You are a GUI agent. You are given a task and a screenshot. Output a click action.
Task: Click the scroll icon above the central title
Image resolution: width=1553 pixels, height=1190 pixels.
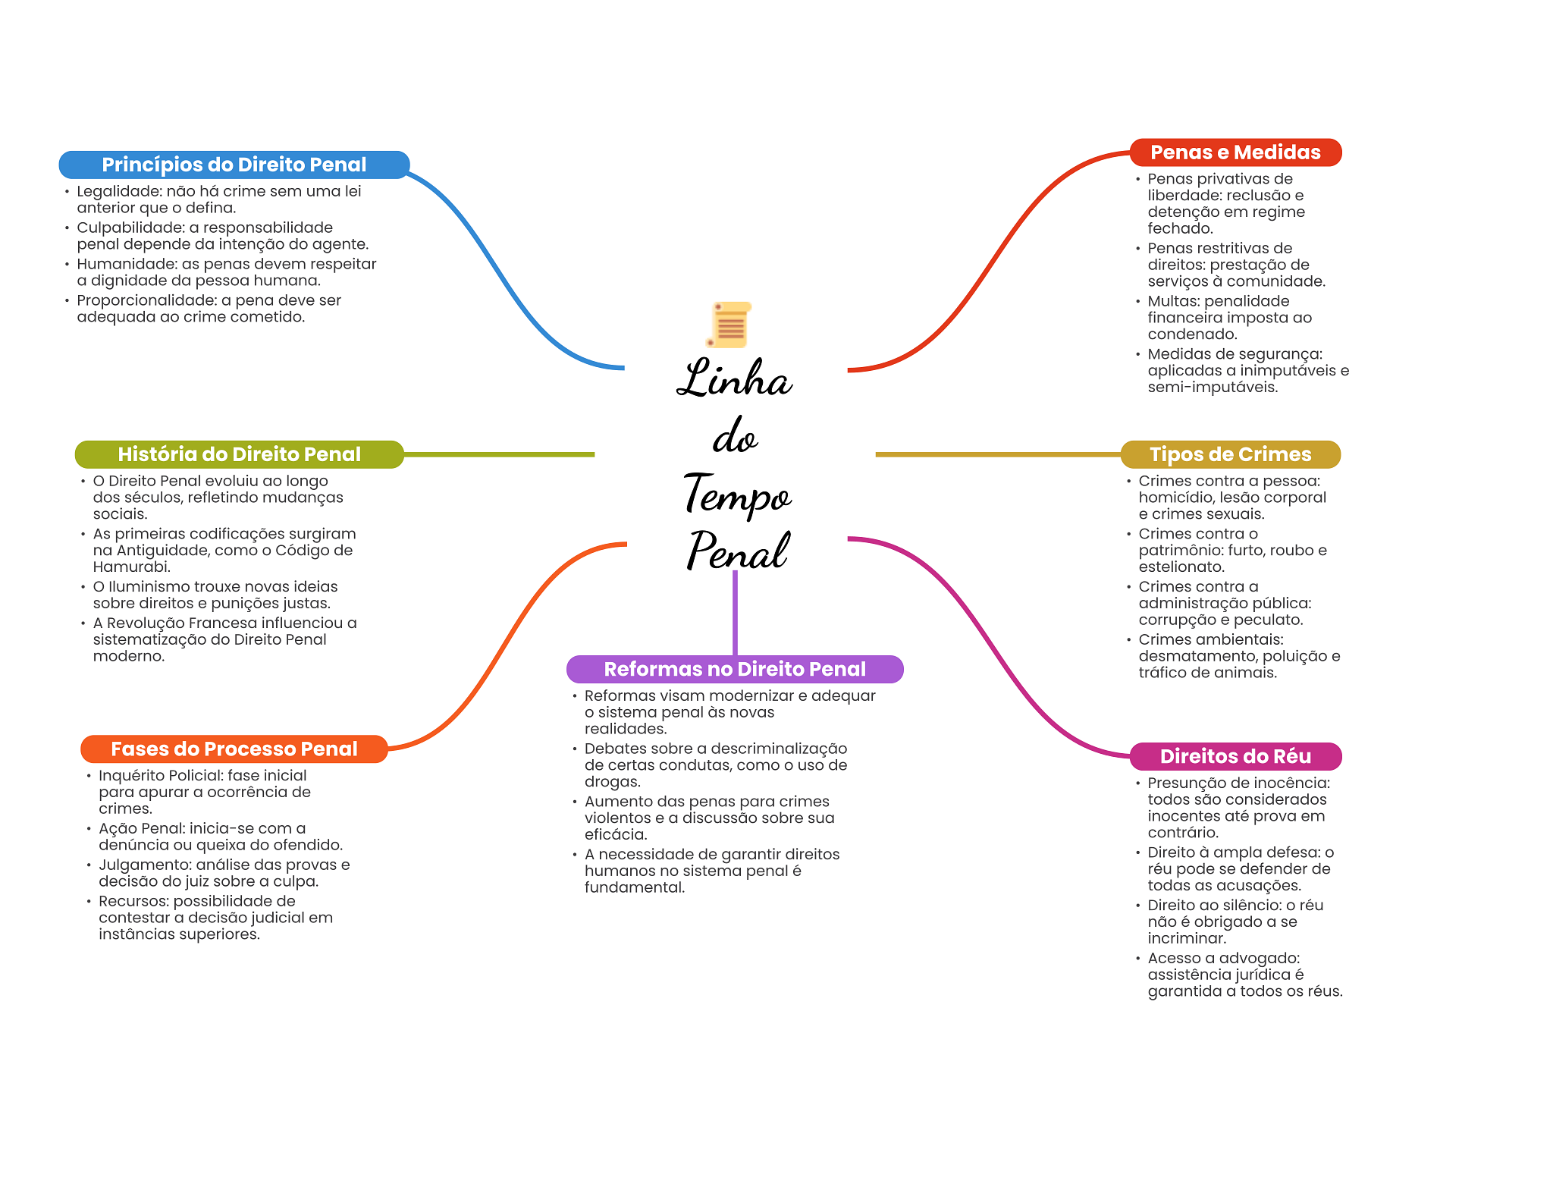(729, 325)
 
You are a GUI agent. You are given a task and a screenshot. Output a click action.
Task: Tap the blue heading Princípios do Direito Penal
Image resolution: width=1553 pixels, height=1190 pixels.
(234, 165)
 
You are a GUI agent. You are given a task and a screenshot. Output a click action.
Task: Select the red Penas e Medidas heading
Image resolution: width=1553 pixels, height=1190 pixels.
(1235, 152)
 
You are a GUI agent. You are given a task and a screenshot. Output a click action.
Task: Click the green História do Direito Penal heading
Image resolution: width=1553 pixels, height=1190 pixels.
(239, 454)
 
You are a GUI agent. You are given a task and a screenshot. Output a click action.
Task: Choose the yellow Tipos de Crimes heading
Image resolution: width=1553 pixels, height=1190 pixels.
(1230, 454)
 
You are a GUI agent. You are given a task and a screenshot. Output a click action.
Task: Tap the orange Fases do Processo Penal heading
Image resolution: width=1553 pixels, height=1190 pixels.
(234, 749)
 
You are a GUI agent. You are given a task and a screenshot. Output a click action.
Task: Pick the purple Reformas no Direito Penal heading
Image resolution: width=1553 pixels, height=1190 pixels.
(734, 669)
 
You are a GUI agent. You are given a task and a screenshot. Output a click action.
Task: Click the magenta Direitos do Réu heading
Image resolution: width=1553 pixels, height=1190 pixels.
(1235, 756)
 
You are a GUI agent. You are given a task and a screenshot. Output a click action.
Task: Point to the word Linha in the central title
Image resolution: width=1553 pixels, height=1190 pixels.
(734, 379)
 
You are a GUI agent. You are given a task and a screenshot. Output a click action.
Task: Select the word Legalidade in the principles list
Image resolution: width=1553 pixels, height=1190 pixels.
(118, 191)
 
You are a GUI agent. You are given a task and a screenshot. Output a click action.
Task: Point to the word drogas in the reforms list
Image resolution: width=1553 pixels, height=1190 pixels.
(612, 782)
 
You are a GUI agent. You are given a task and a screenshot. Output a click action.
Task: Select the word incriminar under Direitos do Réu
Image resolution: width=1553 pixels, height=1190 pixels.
(1186, 938)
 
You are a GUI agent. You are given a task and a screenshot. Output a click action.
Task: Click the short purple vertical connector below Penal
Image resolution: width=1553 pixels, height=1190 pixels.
(735, 613)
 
